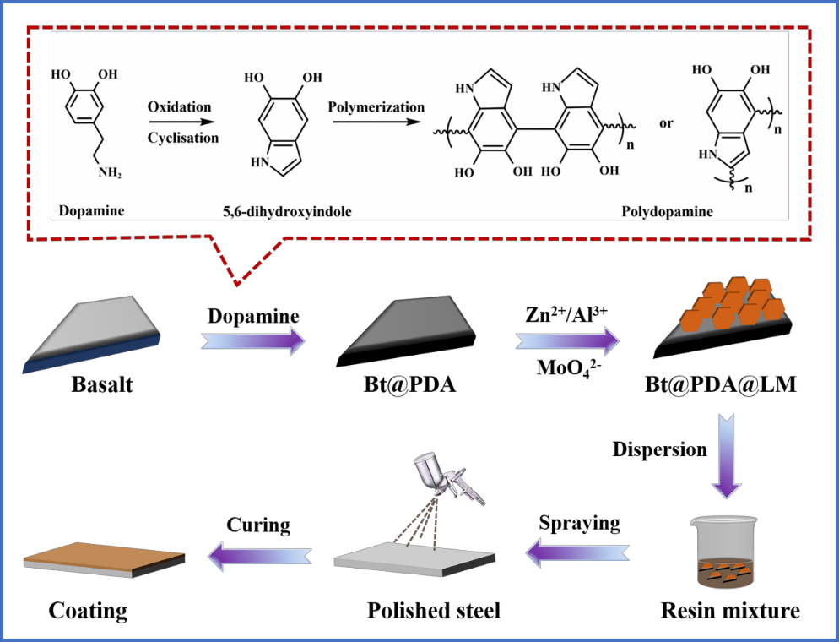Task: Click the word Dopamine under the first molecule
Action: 91,210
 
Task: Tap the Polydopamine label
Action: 668,211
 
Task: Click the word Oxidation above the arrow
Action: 179,107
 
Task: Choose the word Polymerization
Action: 376,107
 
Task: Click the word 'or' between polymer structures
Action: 666,123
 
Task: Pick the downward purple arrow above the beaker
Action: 725,455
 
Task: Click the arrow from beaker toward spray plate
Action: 577,552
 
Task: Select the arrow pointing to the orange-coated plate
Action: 260,555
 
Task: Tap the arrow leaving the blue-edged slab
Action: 252,340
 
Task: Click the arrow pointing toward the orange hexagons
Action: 566,340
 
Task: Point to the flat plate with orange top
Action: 104,558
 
